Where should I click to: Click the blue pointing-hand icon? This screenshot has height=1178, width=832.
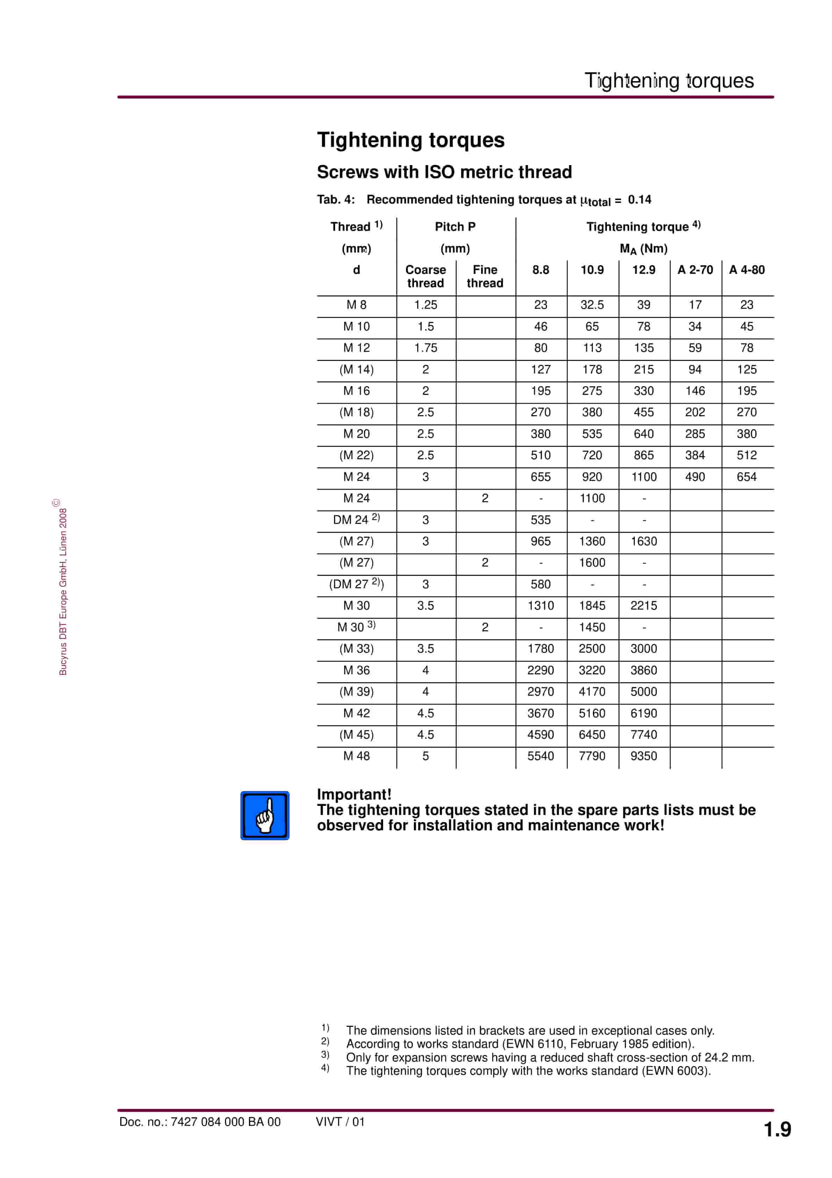[x=265, y=815]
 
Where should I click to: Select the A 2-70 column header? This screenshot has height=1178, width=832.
[x=695, y=270]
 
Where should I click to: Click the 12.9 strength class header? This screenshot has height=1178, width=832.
[x=643, y=270]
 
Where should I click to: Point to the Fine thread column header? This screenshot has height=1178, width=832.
[x=485, y=277]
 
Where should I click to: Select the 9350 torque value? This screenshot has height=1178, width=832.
[x=643, y=756]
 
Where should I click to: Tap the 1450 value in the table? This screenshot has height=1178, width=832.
[x=592, y=627]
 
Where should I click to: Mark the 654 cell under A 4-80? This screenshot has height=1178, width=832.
[x=746, y=477]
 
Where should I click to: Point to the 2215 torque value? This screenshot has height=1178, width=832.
[x=643, y=605]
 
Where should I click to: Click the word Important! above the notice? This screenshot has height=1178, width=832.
[x=354, y=794]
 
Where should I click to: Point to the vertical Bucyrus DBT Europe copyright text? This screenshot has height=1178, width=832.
[x=63, y=590]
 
